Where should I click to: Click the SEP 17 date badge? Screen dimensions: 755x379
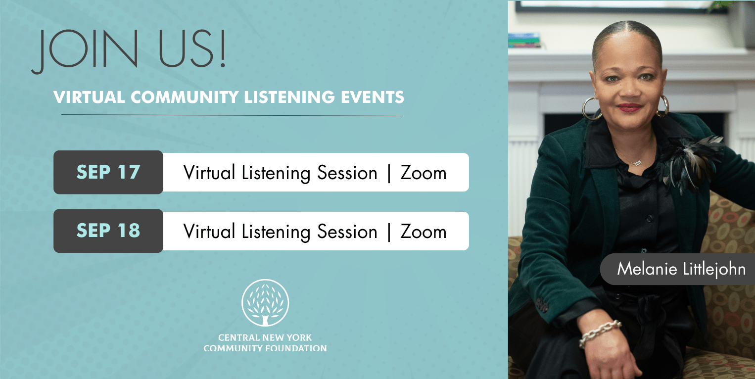click(x=108, y=172)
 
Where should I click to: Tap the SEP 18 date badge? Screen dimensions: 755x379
click(x=108, y=231)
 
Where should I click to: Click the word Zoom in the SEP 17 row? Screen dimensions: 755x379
click(x=424, y=173)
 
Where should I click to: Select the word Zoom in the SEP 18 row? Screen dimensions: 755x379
click(x=424, y=232)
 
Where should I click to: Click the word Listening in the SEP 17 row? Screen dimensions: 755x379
click(x=276, y=174)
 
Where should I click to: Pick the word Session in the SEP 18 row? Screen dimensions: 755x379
click(x=347, y=232)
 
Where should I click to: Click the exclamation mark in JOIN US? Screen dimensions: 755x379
click(x=222, y=48)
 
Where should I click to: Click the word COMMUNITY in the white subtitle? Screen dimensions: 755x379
click(x=185, y=97)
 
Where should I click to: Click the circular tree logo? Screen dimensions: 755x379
click(x=265, y=302)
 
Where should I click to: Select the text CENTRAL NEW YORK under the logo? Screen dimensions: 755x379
click(x=265, y=337)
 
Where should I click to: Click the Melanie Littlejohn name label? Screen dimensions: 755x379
click(x=677, y=269)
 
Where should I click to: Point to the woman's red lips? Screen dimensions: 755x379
click(x=629, y=107)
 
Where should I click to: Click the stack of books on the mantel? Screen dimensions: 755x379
click(x=524, y=40)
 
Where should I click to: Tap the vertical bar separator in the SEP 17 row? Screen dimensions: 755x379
click(x=389, y=174)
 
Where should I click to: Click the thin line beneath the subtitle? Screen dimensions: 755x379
click(x=231, y=115)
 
